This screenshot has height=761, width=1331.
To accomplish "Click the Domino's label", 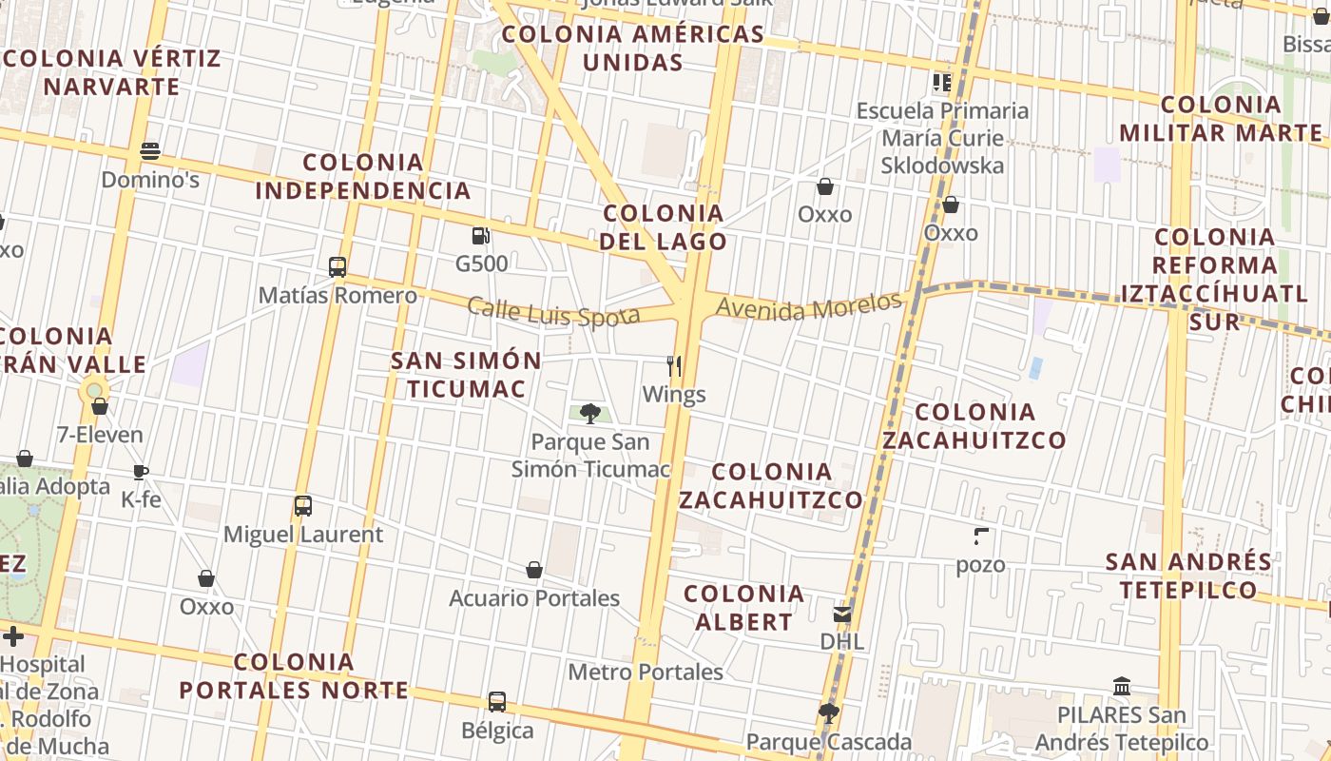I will pos(150,180).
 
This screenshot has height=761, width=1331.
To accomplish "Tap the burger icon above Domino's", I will pos(149,150).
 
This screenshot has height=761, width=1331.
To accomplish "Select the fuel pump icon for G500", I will pos(481,235).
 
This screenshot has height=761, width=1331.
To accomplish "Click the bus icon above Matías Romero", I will pos(338,266).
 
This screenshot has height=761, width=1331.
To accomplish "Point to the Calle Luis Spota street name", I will pos(553,312).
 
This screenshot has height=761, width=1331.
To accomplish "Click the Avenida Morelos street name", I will pos(808,306).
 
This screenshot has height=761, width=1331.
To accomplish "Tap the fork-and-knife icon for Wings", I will pos(674,365).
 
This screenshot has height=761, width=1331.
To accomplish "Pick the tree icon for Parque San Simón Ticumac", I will pos(590,413).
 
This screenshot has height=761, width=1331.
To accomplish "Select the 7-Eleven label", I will pos(100,436).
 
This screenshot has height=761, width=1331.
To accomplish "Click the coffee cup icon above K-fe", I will pos(141,472).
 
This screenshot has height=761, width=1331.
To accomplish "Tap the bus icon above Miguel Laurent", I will pos(303,505).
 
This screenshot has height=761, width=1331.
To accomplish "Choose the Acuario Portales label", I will pos(534,598).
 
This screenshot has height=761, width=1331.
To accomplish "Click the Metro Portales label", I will pos(646,673).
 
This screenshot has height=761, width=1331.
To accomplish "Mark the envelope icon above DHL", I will pos(842,614).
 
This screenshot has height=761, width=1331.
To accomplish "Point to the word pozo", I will pos(981,565).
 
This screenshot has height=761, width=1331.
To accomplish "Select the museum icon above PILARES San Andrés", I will pos(1122,687).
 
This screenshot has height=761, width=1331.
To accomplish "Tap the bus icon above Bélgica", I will pos(497,702).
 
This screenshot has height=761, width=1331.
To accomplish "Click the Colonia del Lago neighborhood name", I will pos(664,227).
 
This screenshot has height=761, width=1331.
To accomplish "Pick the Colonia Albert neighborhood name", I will pos(744,608).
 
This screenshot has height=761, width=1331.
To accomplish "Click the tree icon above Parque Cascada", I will pos(829,712).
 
